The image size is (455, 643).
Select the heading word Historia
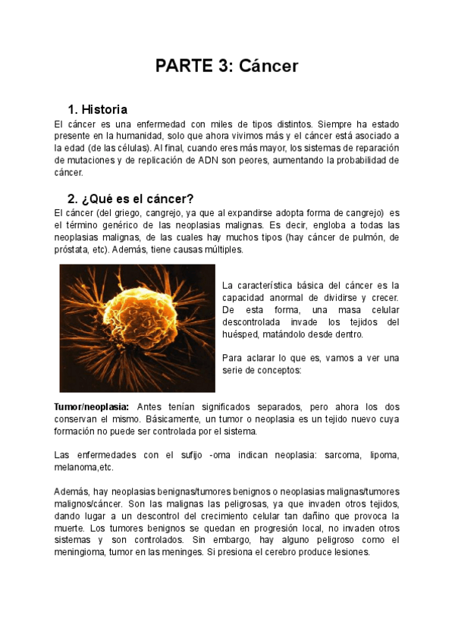click(x=104, y=109)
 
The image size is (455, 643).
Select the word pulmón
click(x=361, y=237)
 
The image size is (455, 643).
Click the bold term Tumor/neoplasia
click(x=92, y=407)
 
